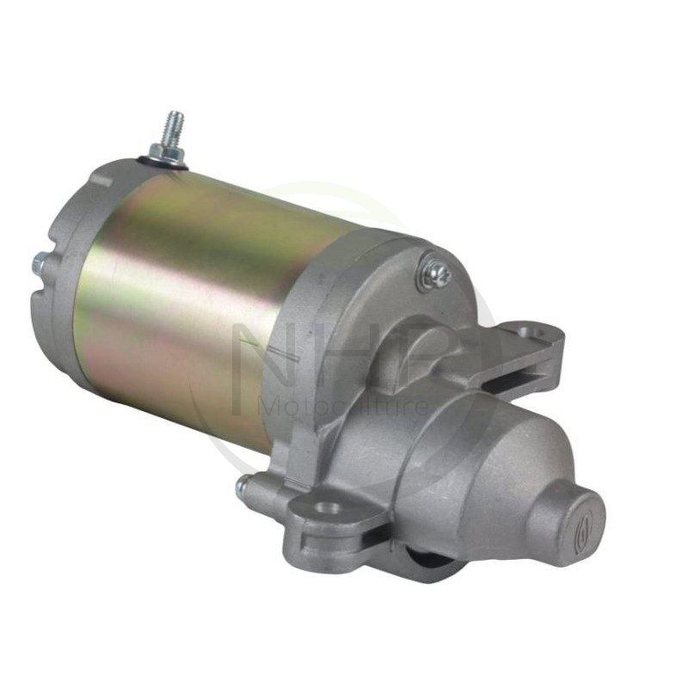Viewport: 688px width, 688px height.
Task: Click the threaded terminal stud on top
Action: (x=175, y=127)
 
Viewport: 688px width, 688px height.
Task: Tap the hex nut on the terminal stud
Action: (x=166, y=153)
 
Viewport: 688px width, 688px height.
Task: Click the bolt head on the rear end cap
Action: (x=40, y=266)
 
